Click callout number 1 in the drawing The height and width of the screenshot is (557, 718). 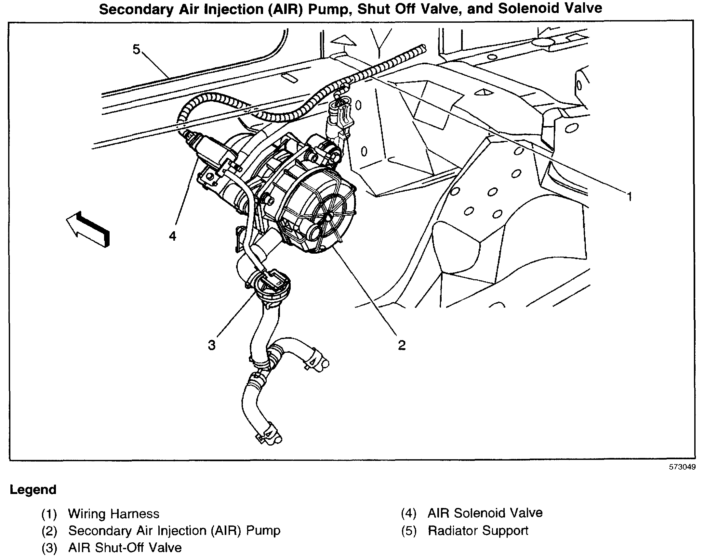click(x=629, y=197)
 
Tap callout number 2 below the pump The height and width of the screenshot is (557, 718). click(x=401, y=345)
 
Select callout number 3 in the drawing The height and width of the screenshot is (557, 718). click(x=212, y=345)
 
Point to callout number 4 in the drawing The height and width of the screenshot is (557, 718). click(x=173, y=236)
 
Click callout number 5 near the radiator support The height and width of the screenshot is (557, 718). click(x=136, y=49)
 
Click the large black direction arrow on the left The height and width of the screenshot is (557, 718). click(x=88, y=229)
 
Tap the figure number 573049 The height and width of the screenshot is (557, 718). click(x=682, y=467)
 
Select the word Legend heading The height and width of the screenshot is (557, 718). click(x=33, y=490)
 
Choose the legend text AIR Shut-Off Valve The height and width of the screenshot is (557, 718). click(x=125, y=548)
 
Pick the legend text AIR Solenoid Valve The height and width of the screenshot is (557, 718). click(x=485, y=513)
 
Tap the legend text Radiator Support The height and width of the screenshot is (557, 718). click(x=478, y=531)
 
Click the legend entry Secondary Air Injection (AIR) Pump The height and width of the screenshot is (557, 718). click(x=174, y=531)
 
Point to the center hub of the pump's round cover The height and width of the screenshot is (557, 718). click(x=329, y=216)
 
